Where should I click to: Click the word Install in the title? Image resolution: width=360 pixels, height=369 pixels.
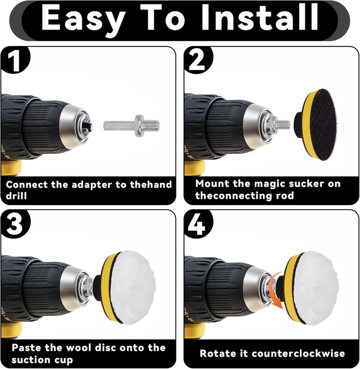pyautogui.click(x=260, y=18)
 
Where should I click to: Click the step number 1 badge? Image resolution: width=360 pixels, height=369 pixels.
pyautogui.click(x=14, y=60)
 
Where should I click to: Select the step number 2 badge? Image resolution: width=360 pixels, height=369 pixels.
pyautogui.click(x=198, y=60)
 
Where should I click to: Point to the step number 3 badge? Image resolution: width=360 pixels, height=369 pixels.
pyautogui.click(x=14, y=224)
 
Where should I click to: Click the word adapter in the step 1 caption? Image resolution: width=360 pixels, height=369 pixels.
pyautogui.click(x=91, y=185)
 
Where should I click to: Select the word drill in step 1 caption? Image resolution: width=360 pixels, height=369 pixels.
pyautogui.click(x=16, y=196)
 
